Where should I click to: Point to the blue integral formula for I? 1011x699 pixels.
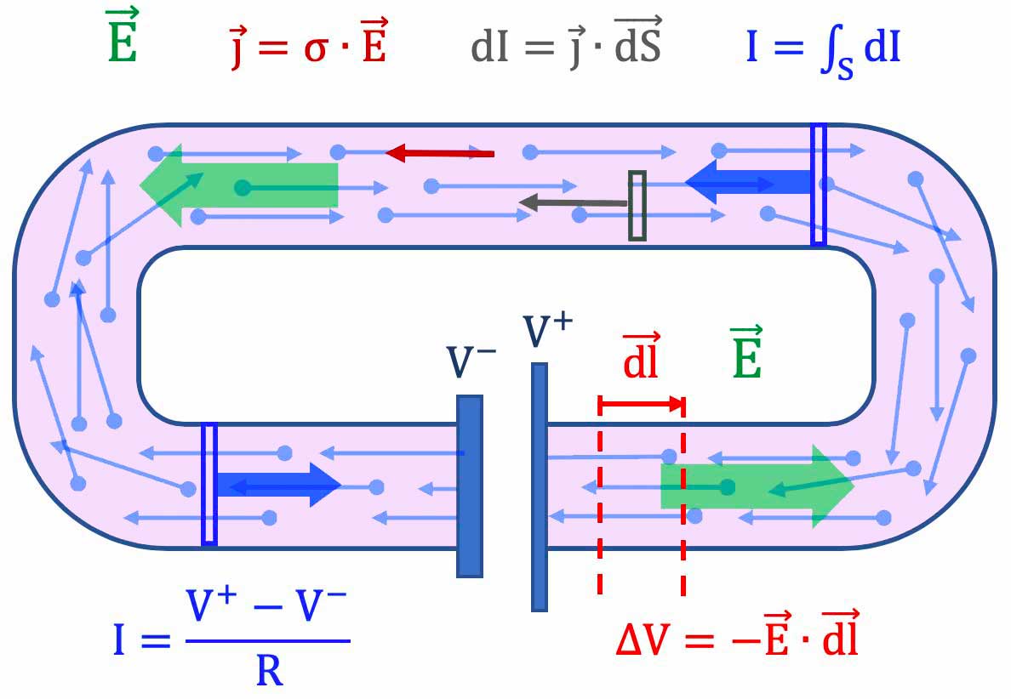[x=823, y=49]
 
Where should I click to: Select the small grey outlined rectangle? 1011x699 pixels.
[x=637, y=205]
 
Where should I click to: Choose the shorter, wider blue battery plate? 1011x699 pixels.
[x=470, y=486]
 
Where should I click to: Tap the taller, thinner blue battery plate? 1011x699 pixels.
[x=539, y=486]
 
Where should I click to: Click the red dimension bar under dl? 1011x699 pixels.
[x=642, y=405]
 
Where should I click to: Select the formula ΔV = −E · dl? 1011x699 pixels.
[x=737, y=636]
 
